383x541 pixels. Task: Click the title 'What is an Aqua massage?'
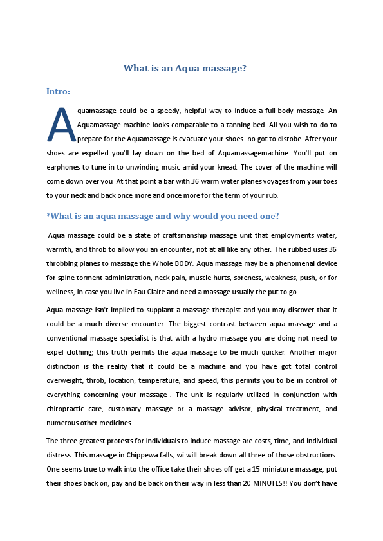(x=185, y=68)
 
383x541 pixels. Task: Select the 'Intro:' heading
(x=58, y=91)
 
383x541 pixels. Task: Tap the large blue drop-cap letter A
(x=62, y=125)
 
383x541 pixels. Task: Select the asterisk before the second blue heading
(x=48, y=217)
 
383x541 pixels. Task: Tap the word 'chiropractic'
(x=66, y=409)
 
